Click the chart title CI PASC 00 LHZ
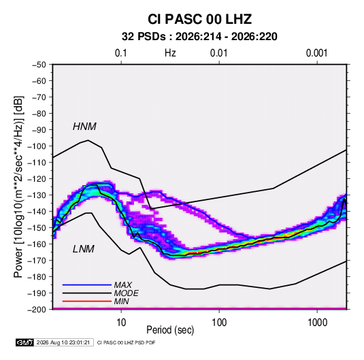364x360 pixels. pos(199,19)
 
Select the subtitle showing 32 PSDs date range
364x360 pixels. pos(199,37)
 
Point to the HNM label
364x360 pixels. pos(84,127)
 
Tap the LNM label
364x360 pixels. pos(84,249)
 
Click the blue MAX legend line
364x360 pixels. pos(87,285)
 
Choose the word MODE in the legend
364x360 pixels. pos(127,293)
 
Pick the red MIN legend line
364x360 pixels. pos(87,301)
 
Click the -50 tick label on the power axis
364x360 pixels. pos(39,65)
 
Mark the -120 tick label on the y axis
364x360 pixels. pos(37,179)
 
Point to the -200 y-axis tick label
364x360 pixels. pos(37,310)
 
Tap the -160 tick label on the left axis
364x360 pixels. pos(37,244)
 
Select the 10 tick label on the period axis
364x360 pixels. pos(121,323)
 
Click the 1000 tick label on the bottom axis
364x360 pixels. pos(317,323)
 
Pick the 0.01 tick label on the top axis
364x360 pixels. pos(218,53)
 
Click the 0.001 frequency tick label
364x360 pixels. pos(316,53)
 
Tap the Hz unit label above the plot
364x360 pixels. pos(170,53)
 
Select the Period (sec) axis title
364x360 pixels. pos(170,330)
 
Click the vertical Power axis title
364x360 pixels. pos(18,186)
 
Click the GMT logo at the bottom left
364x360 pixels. pos(25,342)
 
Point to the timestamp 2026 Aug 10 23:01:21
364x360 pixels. pos(63,342)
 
